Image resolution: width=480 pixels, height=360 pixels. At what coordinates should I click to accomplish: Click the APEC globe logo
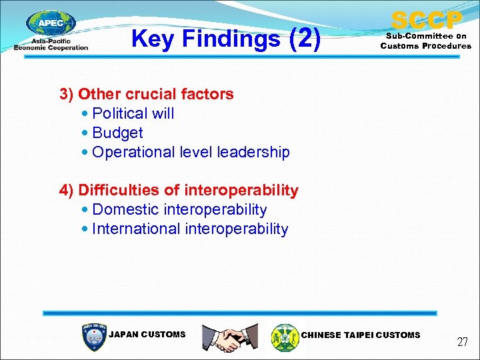point(51,23)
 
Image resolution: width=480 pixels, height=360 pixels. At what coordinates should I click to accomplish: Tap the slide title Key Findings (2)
point(226,39)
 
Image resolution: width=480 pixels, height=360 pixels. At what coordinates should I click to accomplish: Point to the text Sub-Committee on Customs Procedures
point(425,41)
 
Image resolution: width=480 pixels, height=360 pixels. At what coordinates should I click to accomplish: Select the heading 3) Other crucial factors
point(147,94)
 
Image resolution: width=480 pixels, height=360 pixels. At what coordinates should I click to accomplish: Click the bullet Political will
point(133,113)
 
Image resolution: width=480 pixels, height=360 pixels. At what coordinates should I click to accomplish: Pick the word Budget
point(117,133)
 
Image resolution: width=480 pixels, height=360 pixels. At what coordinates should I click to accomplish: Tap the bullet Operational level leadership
point(191,152)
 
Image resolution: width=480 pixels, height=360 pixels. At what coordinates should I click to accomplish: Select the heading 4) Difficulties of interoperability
point(179,191)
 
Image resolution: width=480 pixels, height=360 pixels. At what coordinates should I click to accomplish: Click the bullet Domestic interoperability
point(179,210)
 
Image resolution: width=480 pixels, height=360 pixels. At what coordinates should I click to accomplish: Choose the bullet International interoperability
point(190,229)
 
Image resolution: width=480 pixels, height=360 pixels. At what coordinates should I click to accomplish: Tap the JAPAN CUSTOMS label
point(147,335)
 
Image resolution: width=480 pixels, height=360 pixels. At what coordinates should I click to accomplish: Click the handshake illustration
point(229,337)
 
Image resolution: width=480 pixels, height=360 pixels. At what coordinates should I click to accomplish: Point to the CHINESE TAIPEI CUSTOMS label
point(361,335)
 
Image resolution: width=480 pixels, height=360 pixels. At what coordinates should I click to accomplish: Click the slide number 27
point(462,342)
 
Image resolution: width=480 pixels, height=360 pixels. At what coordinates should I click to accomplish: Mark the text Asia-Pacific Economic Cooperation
point(51,45)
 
